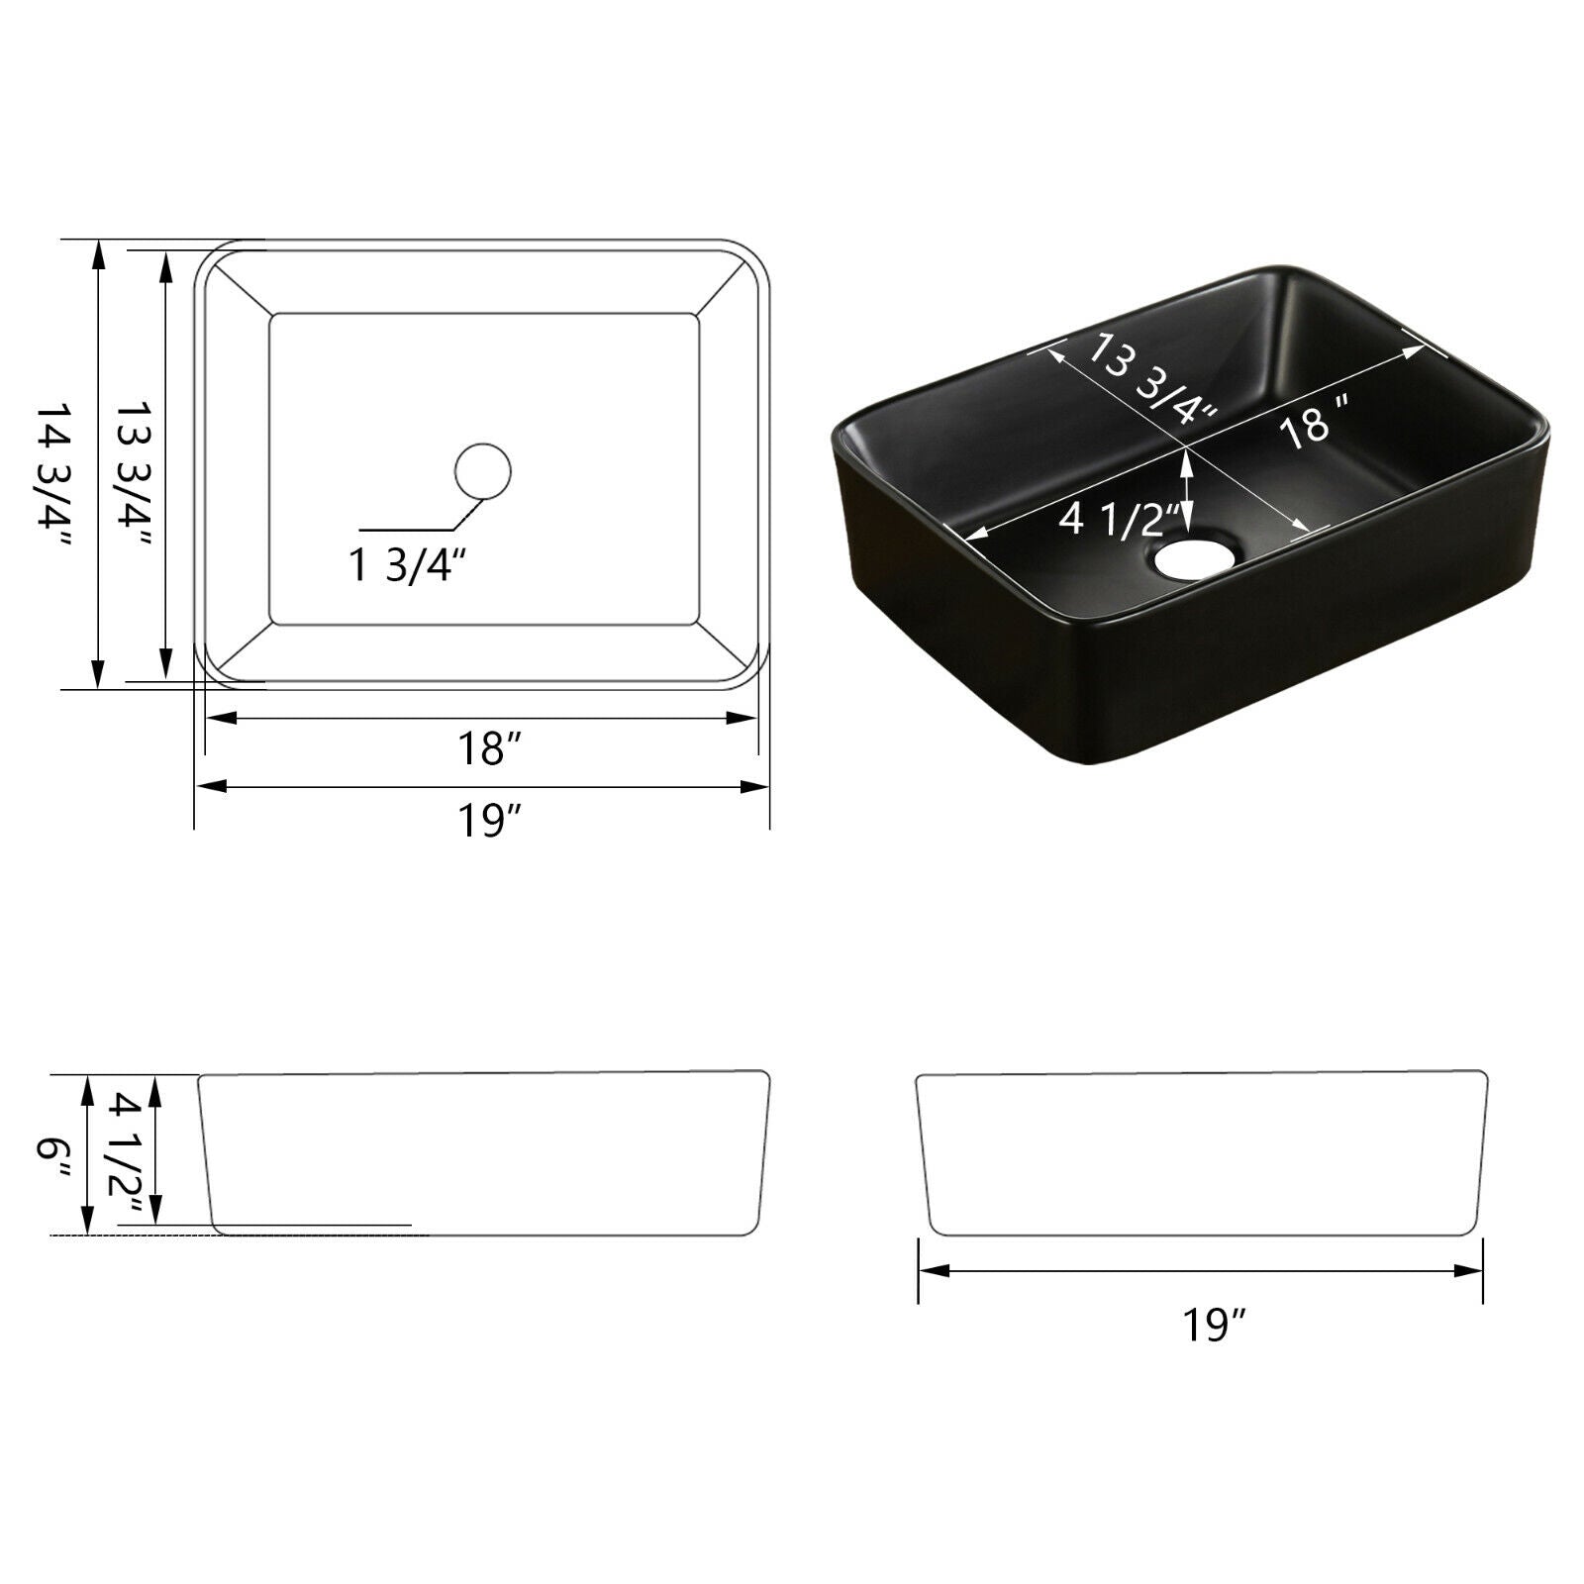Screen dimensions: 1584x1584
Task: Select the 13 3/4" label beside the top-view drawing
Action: coord(134,473)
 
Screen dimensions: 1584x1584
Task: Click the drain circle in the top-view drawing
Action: coord(482,470)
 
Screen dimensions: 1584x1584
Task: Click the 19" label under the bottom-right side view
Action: coord(1214,1325)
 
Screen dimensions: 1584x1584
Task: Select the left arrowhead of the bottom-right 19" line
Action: coord(931,1270)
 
